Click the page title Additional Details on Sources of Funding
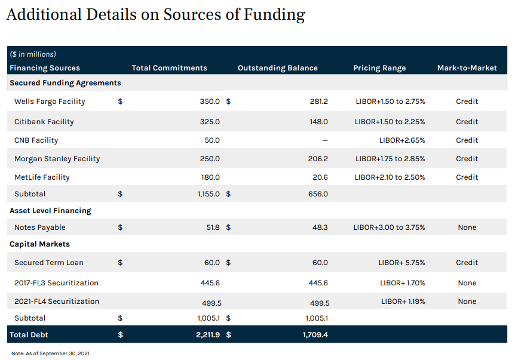tap(155, 15)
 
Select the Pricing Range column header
tap(379, 68)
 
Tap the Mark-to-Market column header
tap(467, 68)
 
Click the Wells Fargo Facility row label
tap(50, 101)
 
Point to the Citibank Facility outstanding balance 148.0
tap(318, 122)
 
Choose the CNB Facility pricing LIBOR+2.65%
tap(402, 140)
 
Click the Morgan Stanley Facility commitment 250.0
tap(210, 159)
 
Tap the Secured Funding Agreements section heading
tap(65, 83)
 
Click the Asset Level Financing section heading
tap(50, 211)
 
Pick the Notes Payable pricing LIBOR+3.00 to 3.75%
tap(389, 227)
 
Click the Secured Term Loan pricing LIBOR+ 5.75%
tap(401, 263)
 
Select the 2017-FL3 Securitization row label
tap(56, 283)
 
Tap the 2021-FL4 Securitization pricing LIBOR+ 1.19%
tap(403, 301)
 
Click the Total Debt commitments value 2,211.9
tap(207, 335)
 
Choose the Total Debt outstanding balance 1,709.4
tap(315, 335)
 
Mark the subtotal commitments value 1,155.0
tap(209, 194)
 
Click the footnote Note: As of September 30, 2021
tap(51, 354)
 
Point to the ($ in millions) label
tap(33, 54)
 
